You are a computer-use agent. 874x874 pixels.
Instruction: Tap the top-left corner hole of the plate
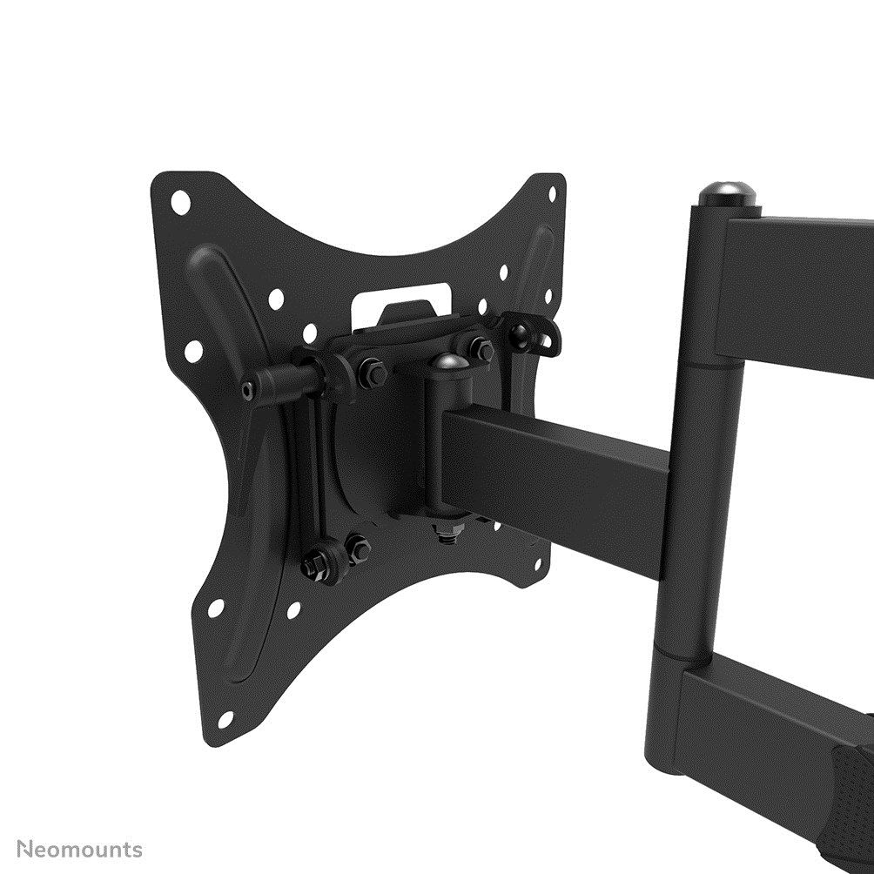(180, 203)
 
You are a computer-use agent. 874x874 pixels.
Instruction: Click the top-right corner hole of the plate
(551, 193)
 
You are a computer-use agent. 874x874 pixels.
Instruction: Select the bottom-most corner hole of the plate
(225, 719)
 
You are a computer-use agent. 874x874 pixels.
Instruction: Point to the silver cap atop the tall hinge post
(727, 193)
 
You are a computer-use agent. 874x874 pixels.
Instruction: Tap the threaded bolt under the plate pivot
(447, 533)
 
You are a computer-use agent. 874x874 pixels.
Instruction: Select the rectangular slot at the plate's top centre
(401, 299)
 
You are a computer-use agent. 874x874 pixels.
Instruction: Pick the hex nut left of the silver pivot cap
(372, 372)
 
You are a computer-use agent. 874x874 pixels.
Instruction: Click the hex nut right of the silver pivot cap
(481, 349)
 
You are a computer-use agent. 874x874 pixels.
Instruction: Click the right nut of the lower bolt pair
(357, 548)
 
